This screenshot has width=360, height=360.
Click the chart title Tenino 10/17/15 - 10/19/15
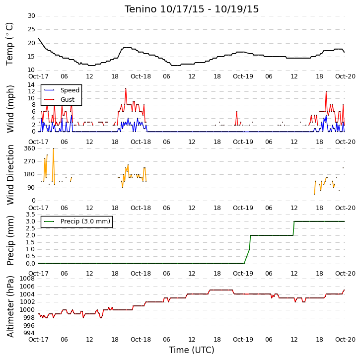click(x=192, y=9)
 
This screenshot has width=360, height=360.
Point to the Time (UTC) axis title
click(x=192, y=350)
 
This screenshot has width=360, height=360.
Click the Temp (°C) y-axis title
click(x=9, y=44)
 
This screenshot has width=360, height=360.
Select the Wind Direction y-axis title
click(x=10, y=175)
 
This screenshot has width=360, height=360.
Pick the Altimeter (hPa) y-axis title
click(x=10, y=307)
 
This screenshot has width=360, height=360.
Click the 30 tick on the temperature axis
click(x=31, y=16)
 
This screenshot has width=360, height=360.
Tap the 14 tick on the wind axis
click(x=31, y=85)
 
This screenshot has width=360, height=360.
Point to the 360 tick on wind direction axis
click(x=30, y=148)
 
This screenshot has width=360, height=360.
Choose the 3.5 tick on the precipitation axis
click(x=30, y=215)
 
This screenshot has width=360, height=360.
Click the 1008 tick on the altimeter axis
click(x=27, y=279)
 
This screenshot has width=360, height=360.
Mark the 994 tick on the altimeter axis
click(x=29, y=333)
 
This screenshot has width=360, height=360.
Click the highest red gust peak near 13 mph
click(x=126, y=88)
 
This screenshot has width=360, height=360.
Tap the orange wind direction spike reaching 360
click(x=53, y=148)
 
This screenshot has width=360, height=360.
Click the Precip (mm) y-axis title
click(x=10, y=240)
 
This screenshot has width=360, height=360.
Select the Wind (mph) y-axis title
click(x=10, y=109)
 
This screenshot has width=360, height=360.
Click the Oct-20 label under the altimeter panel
click(x=345, y=339)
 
